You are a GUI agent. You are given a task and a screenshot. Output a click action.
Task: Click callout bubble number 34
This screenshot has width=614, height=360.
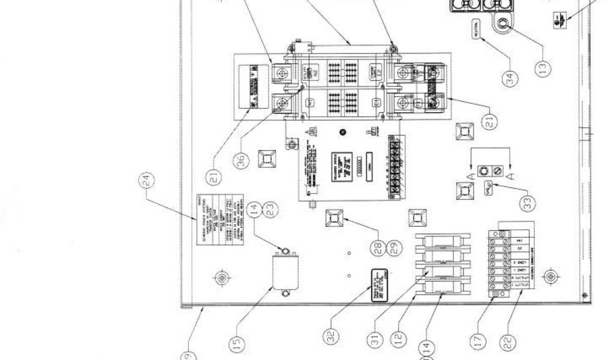tap(511, 79)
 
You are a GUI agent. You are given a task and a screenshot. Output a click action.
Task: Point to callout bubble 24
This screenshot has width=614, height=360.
tap(146, 180)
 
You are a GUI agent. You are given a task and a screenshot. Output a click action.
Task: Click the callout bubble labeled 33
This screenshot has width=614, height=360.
tap(528, 203)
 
